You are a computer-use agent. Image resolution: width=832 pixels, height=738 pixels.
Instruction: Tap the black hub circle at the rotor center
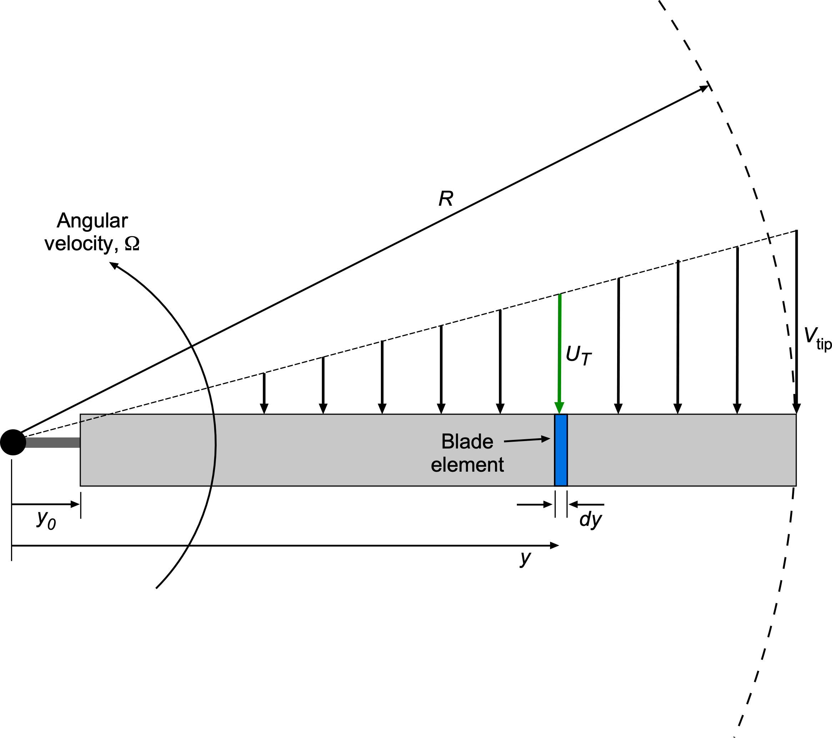tap(13, 442)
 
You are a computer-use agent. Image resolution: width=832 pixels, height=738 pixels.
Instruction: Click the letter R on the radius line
tap(446, 199)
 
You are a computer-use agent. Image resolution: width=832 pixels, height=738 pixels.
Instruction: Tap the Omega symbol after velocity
tap(132, 244)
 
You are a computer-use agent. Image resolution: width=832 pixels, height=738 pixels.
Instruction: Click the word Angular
tap(92, 221)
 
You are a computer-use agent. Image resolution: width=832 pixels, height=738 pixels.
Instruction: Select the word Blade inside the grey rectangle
tap(467, 442)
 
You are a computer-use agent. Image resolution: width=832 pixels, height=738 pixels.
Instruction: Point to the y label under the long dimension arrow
tap(525, 558)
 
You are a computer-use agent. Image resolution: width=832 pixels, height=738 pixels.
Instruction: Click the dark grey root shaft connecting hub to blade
tap(52, 442)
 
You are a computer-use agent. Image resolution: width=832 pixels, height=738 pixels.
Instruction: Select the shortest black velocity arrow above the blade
tap(264, 393)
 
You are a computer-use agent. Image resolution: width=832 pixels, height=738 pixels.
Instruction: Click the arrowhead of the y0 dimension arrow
tap(75, 504)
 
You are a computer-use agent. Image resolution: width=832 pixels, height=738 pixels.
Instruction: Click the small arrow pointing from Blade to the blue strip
tap(527, 440)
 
